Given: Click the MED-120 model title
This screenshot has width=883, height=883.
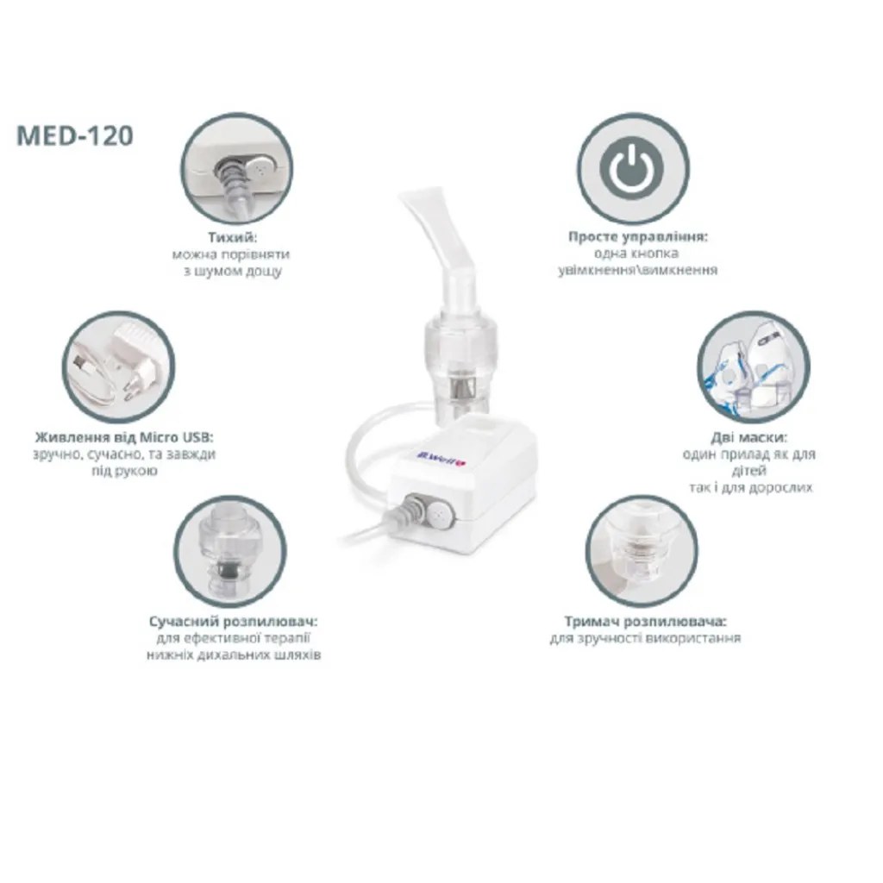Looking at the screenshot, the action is (75, 135).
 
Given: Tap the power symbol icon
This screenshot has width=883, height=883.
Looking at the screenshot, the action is (633, 168).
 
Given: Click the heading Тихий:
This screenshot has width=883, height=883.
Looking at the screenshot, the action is (232, 237).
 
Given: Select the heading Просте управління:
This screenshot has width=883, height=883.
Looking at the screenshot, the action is (637, 236).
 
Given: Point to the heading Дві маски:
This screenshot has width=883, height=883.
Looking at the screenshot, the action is (748, 437).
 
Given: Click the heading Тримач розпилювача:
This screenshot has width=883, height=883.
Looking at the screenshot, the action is (645, 621).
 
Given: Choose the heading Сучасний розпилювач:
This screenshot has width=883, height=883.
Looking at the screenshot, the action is (233, 621).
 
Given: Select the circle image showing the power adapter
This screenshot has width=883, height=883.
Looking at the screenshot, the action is (118, 367).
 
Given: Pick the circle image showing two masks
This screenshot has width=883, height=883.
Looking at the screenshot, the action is (754, 367).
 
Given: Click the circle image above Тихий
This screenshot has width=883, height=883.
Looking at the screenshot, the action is (236, 168).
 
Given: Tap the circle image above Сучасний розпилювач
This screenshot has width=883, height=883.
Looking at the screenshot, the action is (229, 551).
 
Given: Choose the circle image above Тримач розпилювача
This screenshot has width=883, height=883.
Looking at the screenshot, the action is (642, 551).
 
